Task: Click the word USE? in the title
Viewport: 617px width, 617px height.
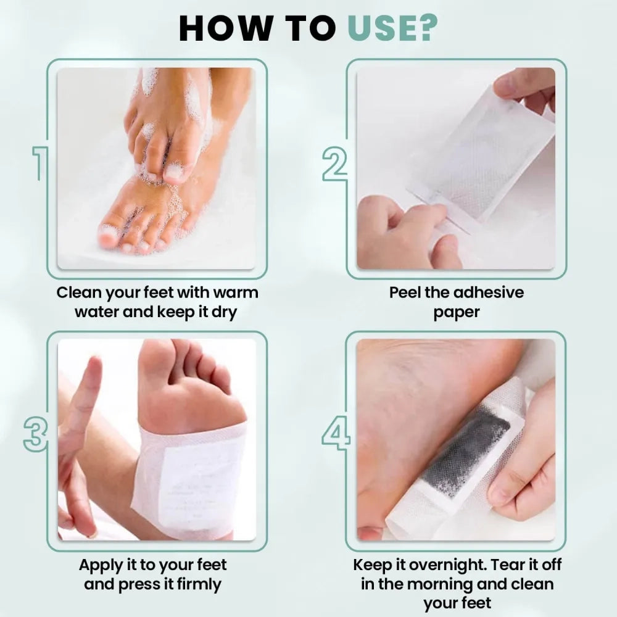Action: (392, 28)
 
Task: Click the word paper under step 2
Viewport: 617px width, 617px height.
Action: (456, 312)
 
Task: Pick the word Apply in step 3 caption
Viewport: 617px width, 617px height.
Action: (102, 564)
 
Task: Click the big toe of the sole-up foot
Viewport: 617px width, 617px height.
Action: (155, 365)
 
